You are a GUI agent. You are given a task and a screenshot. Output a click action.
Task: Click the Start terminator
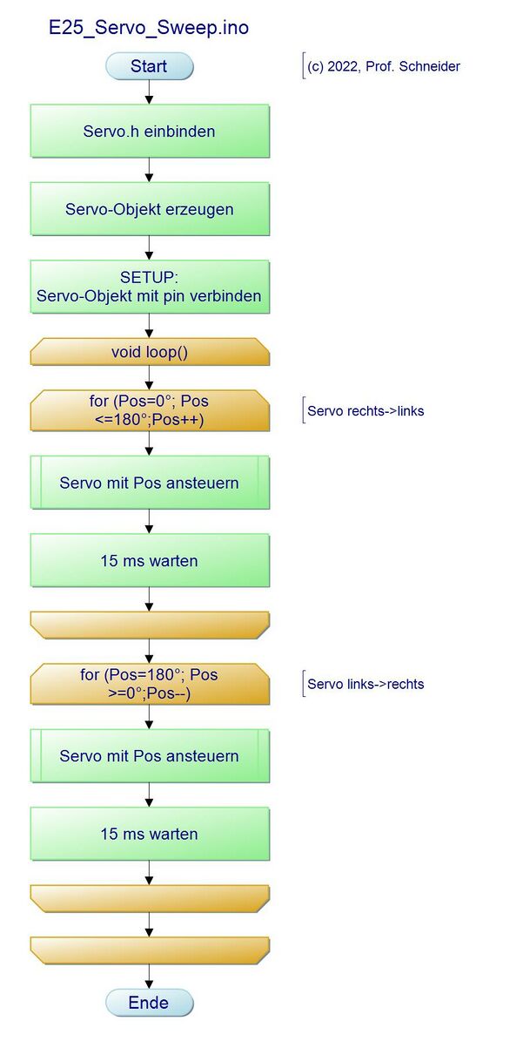point(149,66)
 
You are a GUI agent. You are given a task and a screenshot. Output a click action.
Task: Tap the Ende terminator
point(149,1003)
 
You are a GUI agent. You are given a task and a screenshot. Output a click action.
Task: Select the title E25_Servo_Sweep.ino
point(149,28)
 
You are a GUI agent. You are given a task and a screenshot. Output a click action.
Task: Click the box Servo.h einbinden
point(150,131)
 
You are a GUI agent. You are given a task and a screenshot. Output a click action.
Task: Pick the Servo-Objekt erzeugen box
point(150,209)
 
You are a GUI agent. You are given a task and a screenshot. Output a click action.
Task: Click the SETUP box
point(150,287)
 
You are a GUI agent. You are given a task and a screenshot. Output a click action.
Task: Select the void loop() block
point(150,352)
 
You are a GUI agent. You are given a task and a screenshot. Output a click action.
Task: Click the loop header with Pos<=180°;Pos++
point(150,411)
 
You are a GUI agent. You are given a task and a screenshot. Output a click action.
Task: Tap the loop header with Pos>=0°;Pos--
point(150,684)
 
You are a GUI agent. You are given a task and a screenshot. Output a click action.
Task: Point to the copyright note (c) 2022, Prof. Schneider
point(382,66)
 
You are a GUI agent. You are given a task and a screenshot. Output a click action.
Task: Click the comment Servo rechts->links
point(364,411)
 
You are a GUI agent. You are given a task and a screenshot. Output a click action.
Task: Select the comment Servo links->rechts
point(364,684)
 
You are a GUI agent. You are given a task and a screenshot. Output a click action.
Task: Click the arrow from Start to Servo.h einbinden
point(149,92)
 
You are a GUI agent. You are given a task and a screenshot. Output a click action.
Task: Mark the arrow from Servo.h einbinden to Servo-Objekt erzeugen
point(149,170)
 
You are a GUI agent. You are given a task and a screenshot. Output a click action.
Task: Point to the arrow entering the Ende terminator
point(149,977)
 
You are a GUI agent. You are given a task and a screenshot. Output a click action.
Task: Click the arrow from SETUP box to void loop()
point(149,326)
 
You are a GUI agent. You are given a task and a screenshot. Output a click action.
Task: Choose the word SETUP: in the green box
point(150,278)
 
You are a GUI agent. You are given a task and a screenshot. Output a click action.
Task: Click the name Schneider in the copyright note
point(430,66)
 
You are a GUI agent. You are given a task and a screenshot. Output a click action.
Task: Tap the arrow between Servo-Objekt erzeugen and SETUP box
point(149,248)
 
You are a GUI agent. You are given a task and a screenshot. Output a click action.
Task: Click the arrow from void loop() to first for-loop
point(149,378)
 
